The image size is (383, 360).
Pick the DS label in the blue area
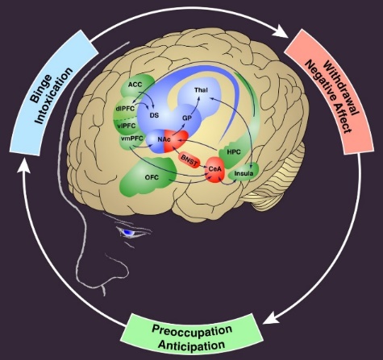coord(154,115)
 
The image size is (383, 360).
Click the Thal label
coord(201,91)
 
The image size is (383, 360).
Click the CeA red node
coord(215,168)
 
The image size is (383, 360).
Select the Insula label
coord(244,173)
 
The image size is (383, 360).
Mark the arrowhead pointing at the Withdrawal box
coord(281,35)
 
